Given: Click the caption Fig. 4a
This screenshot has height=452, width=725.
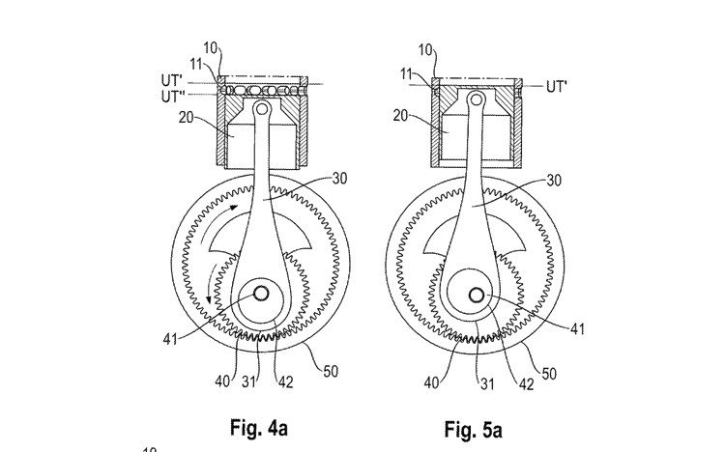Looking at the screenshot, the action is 259,428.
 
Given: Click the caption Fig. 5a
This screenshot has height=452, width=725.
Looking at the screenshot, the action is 473,430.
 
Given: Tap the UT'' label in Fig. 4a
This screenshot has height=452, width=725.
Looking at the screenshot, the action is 173,97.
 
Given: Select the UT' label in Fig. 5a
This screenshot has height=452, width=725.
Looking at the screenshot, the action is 557,86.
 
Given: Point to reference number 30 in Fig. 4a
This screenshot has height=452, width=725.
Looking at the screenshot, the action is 339,179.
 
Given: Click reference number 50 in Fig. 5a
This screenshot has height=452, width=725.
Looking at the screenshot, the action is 549,374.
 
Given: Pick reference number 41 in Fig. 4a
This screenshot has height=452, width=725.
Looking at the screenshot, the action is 170,339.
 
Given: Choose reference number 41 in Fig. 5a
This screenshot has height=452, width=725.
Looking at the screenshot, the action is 577,329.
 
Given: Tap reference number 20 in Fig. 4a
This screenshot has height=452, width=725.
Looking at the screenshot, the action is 186,118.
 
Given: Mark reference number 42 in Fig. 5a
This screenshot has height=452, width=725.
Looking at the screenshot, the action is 526,384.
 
